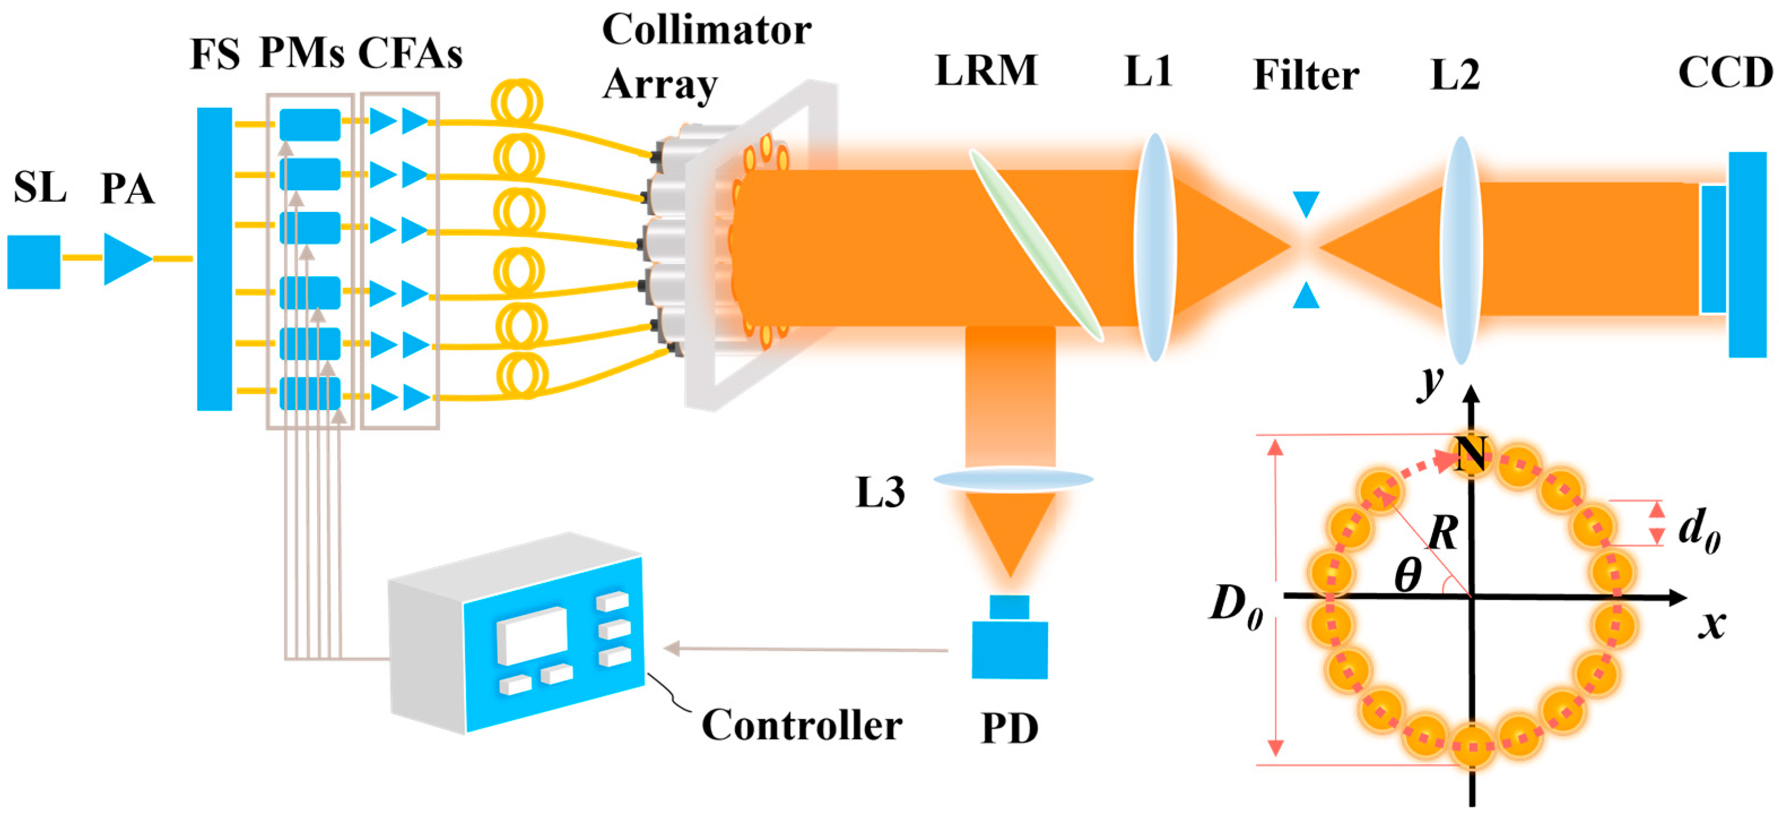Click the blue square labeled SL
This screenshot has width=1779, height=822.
click(x=34, y=262)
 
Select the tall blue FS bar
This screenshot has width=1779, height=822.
click(x=214, y=259)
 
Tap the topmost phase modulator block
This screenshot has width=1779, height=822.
click(x=309, y=124)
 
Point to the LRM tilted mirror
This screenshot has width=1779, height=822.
click(x=1035, y=245)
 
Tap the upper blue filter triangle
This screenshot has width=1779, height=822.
click(x=1306, y=203)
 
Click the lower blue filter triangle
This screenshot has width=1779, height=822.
click(x=1306, y=295)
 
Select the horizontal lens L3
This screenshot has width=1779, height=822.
click(x=1013, y=479)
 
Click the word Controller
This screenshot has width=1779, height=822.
click(x=801, y=725)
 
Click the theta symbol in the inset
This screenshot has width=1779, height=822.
click(x=1407, y=575)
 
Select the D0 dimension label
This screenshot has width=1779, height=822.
click(x=1236, y=607)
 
